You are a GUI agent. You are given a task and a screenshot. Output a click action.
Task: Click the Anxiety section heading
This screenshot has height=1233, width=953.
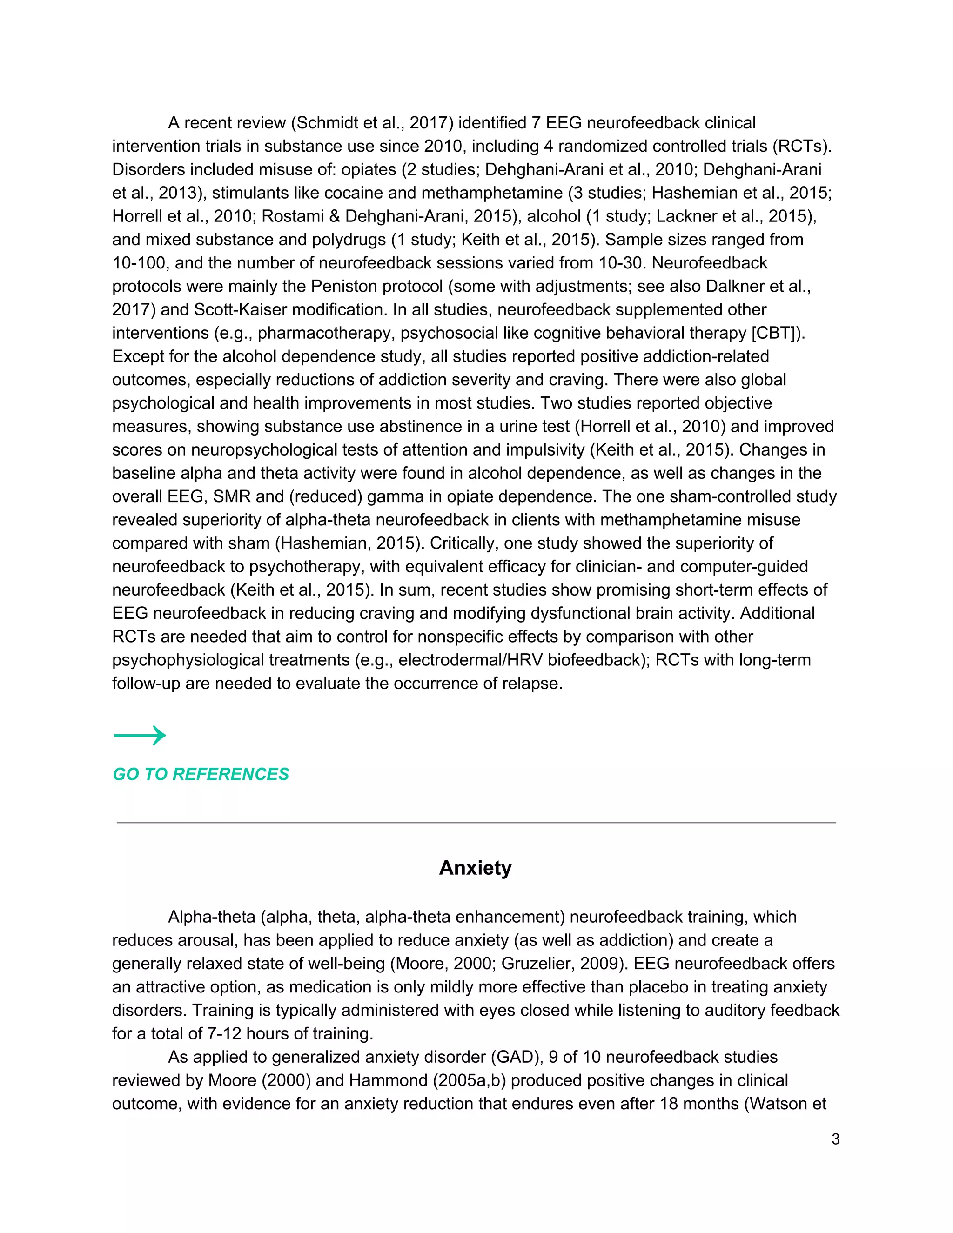(476, 868)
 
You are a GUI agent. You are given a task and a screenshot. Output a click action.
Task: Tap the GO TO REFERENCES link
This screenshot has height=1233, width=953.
(201, 774)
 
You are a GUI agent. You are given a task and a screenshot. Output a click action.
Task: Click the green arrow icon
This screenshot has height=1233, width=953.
(140, 735)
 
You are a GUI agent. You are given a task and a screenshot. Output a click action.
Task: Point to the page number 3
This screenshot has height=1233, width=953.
(836, 1139)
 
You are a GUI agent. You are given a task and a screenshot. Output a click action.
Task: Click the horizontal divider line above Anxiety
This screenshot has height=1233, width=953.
(476, 823)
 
